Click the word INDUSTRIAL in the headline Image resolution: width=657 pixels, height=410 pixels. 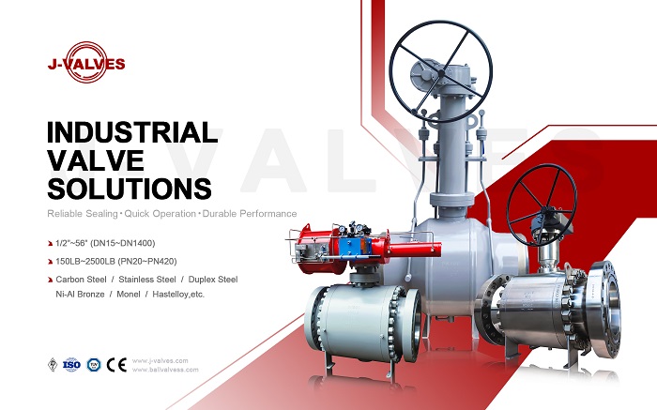(x=131, y=130)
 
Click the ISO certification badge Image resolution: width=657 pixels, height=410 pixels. (x=71, y=364)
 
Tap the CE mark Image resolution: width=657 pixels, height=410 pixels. (x=116, y=364)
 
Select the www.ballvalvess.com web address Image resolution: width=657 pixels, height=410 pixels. (x=168, y=370)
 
